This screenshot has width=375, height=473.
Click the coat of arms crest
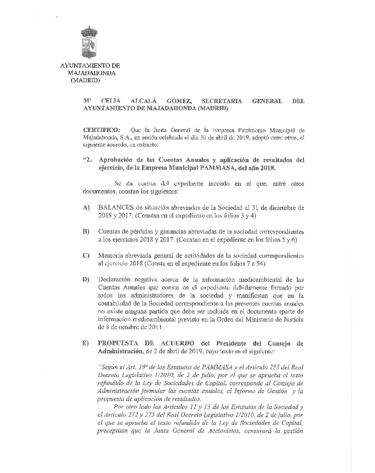pos(89,43)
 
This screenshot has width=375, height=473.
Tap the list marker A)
pos(86,208)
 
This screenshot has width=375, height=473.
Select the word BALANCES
pos(115,208)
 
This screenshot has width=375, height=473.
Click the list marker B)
pos(86,231)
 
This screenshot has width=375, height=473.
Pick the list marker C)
pos(86,255)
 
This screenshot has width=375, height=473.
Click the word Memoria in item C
pos(109,255)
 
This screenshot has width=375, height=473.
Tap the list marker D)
pos(86,280)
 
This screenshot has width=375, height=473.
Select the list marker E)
pos(86,343)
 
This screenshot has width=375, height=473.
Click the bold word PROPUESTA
pos(120,343)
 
